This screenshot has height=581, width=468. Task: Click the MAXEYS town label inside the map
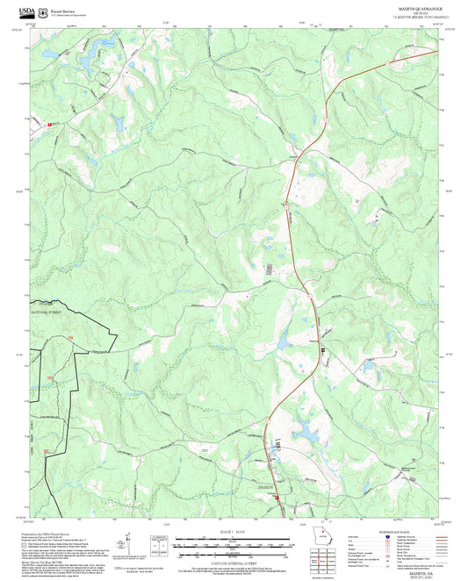coord(266,485)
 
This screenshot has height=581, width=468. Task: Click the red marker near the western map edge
coord(50,126)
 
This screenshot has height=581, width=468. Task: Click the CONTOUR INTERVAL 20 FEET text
coord(234,562)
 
